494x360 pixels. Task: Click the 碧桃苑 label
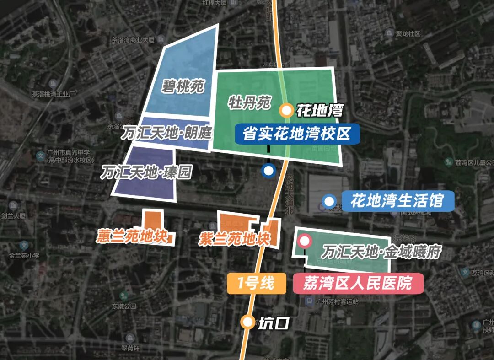[x=183, y=87]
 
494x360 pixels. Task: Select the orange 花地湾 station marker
[x=286, y=110]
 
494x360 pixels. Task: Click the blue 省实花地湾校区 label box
[x=297, y=134]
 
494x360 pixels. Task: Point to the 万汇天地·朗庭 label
[x=167, y=134]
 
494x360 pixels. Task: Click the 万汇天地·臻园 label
[x=146, y=172]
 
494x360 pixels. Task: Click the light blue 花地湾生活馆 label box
[x=397, y=201]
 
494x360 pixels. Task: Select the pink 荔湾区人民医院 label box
[x=357, y=284]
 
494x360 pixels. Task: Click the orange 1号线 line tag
[x=256, y=284]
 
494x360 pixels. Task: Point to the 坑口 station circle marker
[x=248, y=322]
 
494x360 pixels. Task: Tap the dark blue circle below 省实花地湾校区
[x=268, y=171]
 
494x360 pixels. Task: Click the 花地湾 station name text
[x=319, y=110]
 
